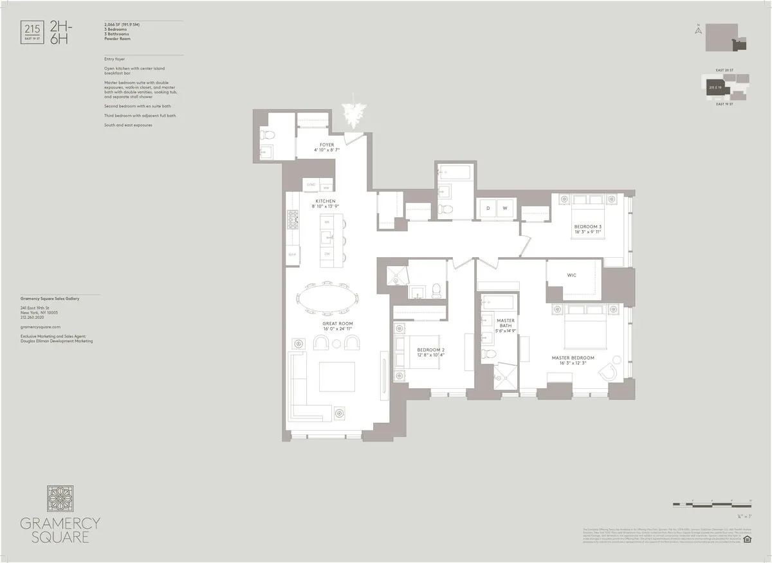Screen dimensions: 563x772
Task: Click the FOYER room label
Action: pyautogui.click(x=327, y=145)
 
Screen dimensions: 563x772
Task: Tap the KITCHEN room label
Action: pyautogui.click(x=325, y=201)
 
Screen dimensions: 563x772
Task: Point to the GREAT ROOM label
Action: pyautogui.click(x=338, y=323)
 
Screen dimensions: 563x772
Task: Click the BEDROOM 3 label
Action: pyautogui.click(x=588, y=226)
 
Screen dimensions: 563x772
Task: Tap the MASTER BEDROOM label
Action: pyautogui.click(x=573, y=357)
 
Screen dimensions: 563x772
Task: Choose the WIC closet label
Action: pyautogui.click(x=571, y=275)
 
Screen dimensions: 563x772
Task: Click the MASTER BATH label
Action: pyautogui.click(x=506, y=321)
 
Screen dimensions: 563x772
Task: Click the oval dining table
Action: pyautogui.click(x=327, y=299)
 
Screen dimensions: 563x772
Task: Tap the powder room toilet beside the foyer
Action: pyautogui.click(x=269, y=134)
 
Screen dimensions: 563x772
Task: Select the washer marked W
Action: pyautogui.click(x=505, y=208)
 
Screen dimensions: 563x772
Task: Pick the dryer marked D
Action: pyautogui.click(x=488, y=208)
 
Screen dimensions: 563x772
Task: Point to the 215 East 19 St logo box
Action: pyautogui.click(x=30, y=31)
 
